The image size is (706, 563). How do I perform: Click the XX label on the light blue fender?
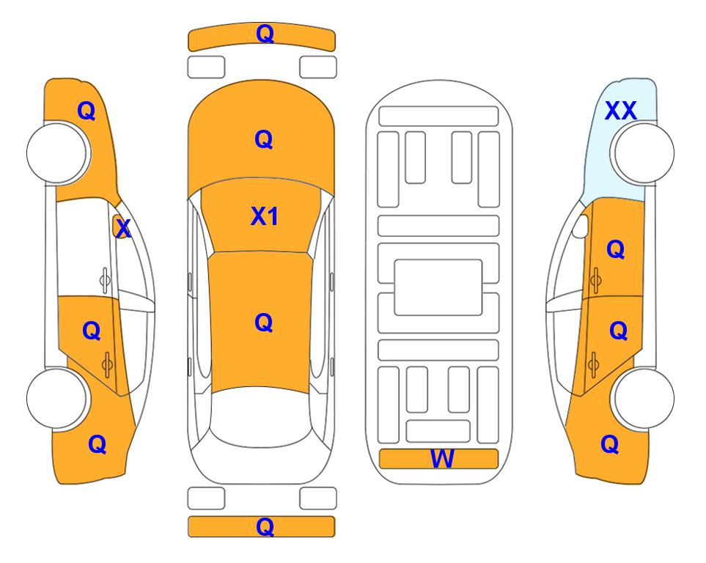[x=620, y=111]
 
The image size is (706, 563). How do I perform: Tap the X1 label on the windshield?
[x=265, y=216]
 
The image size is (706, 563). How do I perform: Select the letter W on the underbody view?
[x=442, y=458]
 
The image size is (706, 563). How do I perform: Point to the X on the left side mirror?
[x=122, y=229]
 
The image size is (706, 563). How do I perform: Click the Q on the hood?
[x=264, y=139]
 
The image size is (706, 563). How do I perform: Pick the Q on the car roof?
[x=264, y=323]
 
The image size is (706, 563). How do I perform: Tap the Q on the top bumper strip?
[x=265, y=34]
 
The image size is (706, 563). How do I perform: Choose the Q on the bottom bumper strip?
[x=265, y=526]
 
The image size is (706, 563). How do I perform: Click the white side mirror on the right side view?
[x=580, y=226]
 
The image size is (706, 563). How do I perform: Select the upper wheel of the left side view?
[x=59, y=152]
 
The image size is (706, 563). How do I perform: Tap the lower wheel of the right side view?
[x=642, y=398]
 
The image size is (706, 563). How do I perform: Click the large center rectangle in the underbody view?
[x=438, y=287]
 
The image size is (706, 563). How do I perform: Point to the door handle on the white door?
[x=104, y=280]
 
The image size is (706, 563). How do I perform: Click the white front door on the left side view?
[x=86, y=249]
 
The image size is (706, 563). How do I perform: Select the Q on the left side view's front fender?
[x=87, y=111]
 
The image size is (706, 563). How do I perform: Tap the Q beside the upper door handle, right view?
[x=616, y=249]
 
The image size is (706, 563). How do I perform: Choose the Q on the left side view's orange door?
[x=92, y=331]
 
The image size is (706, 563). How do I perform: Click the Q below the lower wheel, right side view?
[x=610, y=444]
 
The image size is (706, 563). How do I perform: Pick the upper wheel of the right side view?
[x=642, y=152]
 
